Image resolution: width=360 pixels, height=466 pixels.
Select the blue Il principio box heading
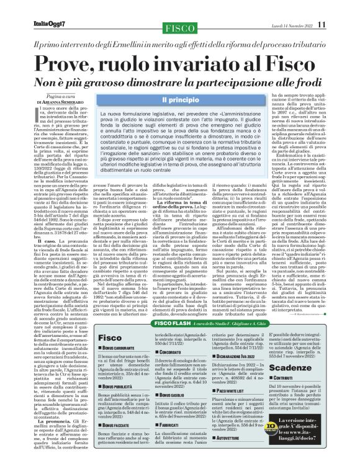(178, 100)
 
